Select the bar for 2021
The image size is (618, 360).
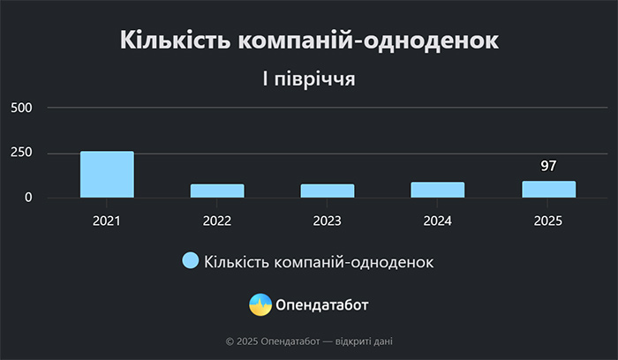click(107, 175)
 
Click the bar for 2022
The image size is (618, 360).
click(217, 191)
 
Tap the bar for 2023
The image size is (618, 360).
click(328, 191)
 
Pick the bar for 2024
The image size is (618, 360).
click(438, 190)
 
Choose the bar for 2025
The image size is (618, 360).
click(548, 190)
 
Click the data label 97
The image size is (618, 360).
click(548, 166)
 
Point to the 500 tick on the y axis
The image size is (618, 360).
click(21, 108)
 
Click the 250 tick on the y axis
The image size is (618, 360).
click(21, 153)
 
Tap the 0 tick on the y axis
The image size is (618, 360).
click(28, 198)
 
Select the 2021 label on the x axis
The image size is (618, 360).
click(107, 221)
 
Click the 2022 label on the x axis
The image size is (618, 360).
click(217, 221)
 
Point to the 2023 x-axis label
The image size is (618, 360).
click(328, 221)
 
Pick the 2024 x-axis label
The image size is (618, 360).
click(438, 221)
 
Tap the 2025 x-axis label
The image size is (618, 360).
click(548, 221)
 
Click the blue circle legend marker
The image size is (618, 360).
click(191, 260)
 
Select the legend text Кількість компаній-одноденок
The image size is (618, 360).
click(319, 262)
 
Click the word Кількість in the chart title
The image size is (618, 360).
click(176, 40)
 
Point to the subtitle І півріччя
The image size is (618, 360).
click(309, 79)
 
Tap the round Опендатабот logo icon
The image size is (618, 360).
click(260, 304)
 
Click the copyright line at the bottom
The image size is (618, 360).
click(309, 341)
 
